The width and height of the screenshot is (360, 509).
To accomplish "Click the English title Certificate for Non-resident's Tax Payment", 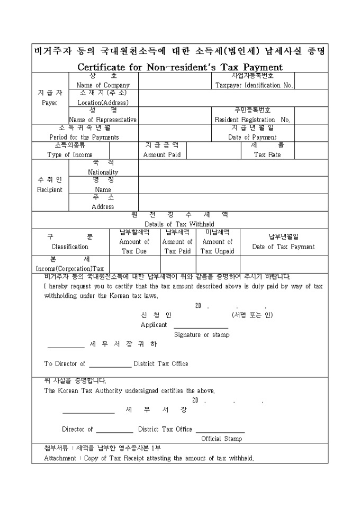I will [x=180, y=67].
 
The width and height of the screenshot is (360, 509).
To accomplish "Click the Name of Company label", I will [x=103, y=85].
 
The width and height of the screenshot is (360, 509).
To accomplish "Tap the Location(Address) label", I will [x=103, y=103].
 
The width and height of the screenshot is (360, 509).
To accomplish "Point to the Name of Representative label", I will [x=103, y=120].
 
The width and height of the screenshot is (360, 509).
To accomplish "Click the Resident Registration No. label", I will [x=252, y=120].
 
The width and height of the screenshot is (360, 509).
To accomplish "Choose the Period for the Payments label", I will [x=84, y=137].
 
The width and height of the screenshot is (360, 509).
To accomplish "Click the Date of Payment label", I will [x=253, y=137].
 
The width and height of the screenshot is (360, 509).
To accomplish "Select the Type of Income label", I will [x=70, y=155].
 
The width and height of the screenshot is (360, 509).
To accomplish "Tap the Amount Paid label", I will [x=162, y=155].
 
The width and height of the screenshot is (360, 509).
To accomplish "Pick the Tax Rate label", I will [x=267, y=155].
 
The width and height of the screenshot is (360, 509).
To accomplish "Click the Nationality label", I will [x=103, y=172].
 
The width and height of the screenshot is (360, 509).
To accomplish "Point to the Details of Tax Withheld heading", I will [x=179, y=224].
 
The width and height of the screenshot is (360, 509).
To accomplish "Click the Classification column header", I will [x=70, y=247].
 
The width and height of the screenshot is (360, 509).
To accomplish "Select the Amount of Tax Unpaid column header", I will [x=218, y=247].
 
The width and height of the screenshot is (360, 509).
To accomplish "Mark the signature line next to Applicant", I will [x=201, y=328].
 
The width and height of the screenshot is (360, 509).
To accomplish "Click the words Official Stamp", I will [x=222, y=439].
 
